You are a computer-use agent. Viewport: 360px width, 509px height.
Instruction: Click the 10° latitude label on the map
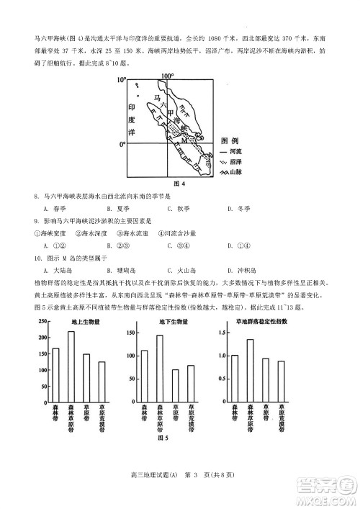coord(122,78)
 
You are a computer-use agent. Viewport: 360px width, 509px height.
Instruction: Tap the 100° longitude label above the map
coord(168,75)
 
